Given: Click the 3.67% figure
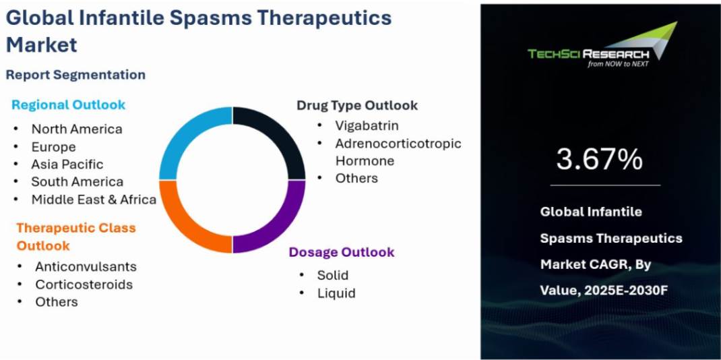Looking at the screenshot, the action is [x=599, y=159].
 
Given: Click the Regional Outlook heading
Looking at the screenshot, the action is [x=69, y=104].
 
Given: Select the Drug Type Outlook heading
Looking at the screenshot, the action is [x=357, y=105].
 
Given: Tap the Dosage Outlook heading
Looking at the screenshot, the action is [x=342, y=252].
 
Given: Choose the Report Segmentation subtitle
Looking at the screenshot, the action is [x=75, y=74].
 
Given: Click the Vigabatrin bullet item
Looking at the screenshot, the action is [x=367, y=125].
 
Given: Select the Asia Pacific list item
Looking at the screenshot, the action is [x=67, y=164].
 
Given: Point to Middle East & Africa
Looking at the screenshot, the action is [x=94, y=200].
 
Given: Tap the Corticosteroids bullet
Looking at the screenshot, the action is [x=84, y=284].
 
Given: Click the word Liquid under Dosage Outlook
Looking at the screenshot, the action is [x=337, y=293].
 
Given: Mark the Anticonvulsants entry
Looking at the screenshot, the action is [x=86, y=267].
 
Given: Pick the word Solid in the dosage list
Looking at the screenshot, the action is [x=333, y=276].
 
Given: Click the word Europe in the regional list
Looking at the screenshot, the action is [x=53, y=147].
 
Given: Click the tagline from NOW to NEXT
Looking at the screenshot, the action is [x=618, y=64].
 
